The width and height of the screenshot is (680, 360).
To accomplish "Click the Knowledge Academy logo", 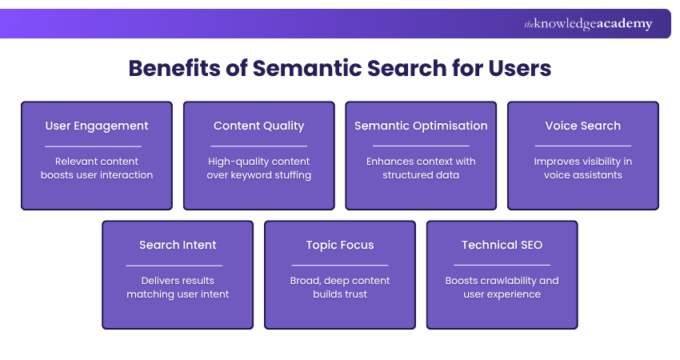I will [x=588, y=24].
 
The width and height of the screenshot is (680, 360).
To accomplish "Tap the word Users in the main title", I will [x=519, y=68].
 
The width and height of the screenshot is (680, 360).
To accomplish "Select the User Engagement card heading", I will [x=97, y=126].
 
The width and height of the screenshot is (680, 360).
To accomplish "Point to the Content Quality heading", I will [x=258, y=126].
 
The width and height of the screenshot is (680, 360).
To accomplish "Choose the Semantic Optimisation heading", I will [x=421, y=126].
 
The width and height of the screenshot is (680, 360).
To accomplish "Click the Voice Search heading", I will [x=582, y=126].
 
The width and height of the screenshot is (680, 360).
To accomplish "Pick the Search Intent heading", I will [x=178, y=245].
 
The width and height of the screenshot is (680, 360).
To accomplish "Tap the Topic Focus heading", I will [x=340, y=245].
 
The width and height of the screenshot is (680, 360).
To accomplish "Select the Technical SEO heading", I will [x=502, y=245].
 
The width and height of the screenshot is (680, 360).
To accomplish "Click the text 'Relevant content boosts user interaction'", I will [x=97, y=168].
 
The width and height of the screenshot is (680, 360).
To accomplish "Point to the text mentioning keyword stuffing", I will [x=258, y=168].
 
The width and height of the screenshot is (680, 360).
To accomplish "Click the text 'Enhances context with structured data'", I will [x=421, y=168].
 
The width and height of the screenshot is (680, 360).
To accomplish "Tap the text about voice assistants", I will [x=582, y=168].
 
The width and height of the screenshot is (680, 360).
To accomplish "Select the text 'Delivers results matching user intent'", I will [x=178, y=287].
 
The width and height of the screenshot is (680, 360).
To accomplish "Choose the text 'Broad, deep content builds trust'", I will [x=340, y=287].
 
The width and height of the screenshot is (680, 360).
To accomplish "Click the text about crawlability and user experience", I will [x=502, y=287].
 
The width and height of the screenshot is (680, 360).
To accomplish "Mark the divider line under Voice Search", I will [x=582, y=146].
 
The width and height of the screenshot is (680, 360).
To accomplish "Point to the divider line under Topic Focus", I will [x=340, y=265].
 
